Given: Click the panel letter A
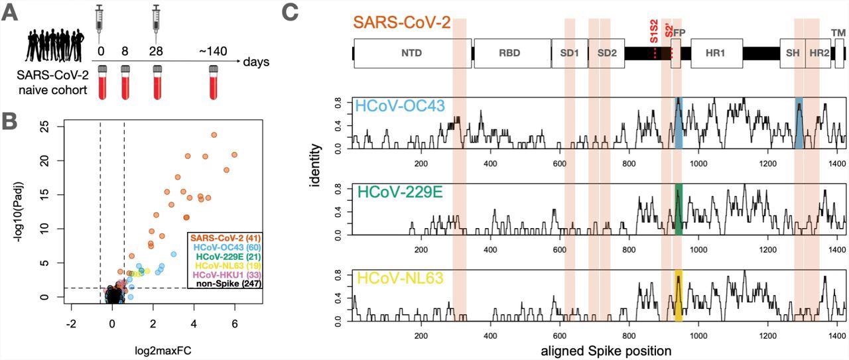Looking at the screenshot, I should (x=11, y=13).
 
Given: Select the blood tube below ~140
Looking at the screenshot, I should (x=214, y=81).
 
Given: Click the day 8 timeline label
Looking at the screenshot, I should (x=125, y=51).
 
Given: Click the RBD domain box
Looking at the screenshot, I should (x=511, y=53).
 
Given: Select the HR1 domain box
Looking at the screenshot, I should (x=716, y=53).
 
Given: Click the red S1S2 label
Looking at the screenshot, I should (x=654, y=32).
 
